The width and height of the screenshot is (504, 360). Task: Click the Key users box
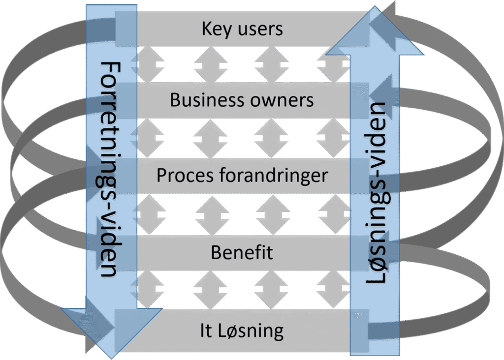[x=242, y=29]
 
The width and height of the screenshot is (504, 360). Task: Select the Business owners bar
[x=242, y=100]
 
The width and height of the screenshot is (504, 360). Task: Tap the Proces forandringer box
[x=242, y=176]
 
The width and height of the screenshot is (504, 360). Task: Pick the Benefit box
[x=242, y=253]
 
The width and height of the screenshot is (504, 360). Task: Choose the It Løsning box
[x=242, y=330]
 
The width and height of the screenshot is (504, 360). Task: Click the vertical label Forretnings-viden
[x=110, y=169]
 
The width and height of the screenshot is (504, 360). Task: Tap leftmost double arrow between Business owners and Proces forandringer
[x=150, y=138]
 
